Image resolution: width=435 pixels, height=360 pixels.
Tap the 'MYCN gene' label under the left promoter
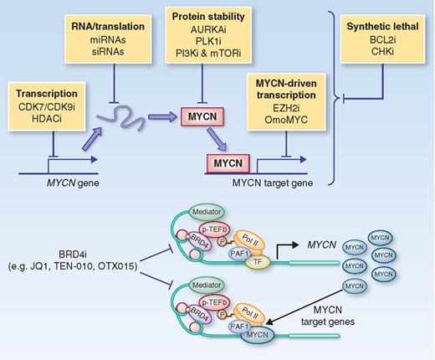click(x=54, y=183)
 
